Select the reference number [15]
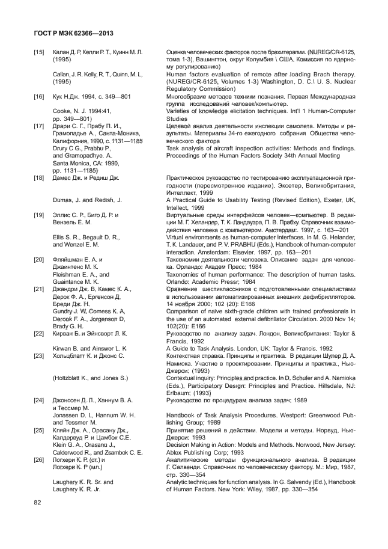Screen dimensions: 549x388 pyautogui.click(x=39, y=53)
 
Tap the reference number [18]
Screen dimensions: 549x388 pyautogui.click(x=39, y=178)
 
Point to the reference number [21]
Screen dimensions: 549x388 pyautogui.click(x=39, y=290)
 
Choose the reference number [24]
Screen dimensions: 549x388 pyautogui.click(x=39, y=400)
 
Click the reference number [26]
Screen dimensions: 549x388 pyautogui.click(x=39, y=459)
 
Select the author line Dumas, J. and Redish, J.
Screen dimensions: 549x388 pyautogui.click(x=88, y=199)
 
